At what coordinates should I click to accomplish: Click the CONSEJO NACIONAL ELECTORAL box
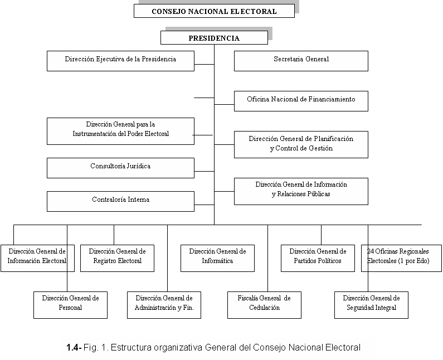pyautogui.click(x=214, y=11)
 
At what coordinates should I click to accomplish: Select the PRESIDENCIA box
pyautogui.click(x=214, y=38)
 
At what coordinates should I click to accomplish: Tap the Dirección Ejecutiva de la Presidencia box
pyautogui.click(x=120, y=61)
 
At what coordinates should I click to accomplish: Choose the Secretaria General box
pyautogui.click(x=301, y=61)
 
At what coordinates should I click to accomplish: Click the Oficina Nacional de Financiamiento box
pyautogui.click(x=301, y=101)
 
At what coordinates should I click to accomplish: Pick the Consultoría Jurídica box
pyautogui.click(x=120, y=168)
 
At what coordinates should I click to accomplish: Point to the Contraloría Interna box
pyautogui.click(x=120, y=202)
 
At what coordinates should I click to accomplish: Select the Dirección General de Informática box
pyautogui.click(x=217, y=258)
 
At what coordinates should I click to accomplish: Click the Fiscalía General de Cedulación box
pyautogui.click(x=265, y=305)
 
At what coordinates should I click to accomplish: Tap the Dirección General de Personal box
pyautogui.click(x=70, y=305)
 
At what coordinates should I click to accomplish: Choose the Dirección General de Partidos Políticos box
pyautogui.click(x=318, y=258)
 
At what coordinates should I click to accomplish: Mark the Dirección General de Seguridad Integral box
pyautogui.click(x=371, y=305)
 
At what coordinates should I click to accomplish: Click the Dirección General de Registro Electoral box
pyautogui.click(x=117, y=258)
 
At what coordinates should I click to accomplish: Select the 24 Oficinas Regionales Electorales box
pyautogui.click(x=401, y=258)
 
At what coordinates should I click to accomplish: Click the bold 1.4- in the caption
pyautogui.click(x=74, y=347)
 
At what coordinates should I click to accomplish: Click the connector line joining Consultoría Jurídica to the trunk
pyautogui.click(x=205, y=171)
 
